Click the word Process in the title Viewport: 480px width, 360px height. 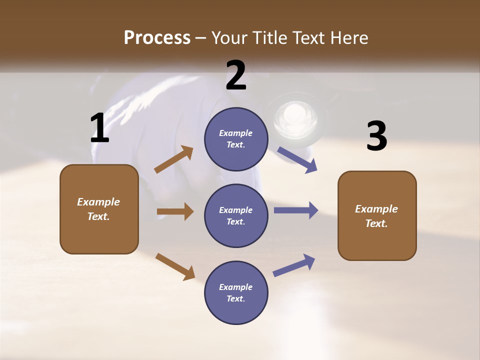pyautogui.click(x=157, y=38)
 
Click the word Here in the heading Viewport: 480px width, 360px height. pyautogui.click(x=348, y=38)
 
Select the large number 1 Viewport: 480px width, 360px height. pyautogui.click(x=100, y=128)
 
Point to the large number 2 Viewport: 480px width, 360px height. pyautogui.click(x=236, y=75)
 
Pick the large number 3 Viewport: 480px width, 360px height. pyautogui.click(x=376, y=136)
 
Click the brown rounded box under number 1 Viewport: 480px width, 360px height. pyautogui.click(x=99, y=209)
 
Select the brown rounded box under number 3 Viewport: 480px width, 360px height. pyautogui.click(x=377, y=216)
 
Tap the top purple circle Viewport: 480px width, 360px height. pyautogui.click(x=236, y=139)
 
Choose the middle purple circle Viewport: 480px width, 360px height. pyautogui.click(x=236, y=215)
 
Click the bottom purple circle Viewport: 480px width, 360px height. pyautogui.click(x=236, y=292)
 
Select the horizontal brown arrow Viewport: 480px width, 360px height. pyautogui.click(x=175, y=211)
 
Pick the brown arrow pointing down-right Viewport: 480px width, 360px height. pyautogui.click(x=175, y=266)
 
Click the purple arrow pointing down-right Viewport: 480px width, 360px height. pyautogui.click(x=297, y=159)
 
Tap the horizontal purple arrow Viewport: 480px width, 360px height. pyautogui.click(x=296, y=210)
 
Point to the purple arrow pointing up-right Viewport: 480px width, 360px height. pyautogui.click(x=294, y=265)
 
